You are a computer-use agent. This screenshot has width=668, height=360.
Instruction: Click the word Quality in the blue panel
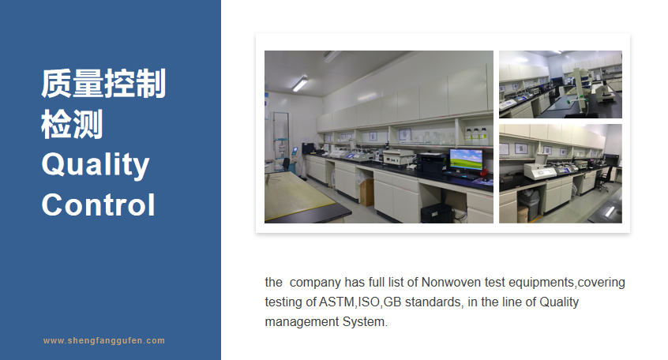pyautogui.click(x=96, y=165)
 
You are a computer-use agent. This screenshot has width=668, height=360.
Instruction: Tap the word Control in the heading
pyautogui.click(x=98, y=205)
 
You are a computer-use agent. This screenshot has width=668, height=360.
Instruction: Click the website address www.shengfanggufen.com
pyautogui.click(x=104, y=341)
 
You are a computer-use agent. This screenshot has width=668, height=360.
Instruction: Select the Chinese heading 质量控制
pyautogui.click(x=103, y=84)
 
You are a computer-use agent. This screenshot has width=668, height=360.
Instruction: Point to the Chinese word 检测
pyautogui.click(x=72, y=125)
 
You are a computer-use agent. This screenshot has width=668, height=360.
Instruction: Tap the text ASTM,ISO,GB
pyautogui.click(x=360, y=302)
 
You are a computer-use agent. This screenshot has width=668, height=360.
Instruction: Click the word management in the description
pyautogui.click(x=302, y=322)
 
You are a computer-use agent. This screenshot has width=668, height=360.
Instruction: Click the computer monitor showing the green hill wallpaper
pyautogui.click(x=466, y=159)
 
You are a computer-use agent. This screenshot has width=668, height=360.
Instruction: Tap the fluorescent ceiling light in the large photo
pyautogui.click(x=300, y=83)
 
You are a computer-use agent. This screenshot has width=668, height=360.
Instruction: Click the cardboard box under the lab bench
pyautogui.click(x=367, y=193)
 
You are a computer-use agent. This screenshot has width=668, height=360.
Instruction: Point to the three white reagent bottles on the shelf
pyautogui.click(x=476, y=136)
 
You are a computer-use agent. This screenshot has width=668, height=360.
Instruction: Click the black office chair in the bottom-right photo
pyautogui.click(x=604, y=179)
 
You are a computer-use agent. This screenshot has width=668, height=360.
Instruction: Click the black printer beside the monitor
pyautogui.click(x=432, y=163)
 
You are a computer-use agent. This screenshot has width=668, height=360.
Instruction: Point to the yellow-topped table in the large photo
pyautogui.click(x=298, y=196)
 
